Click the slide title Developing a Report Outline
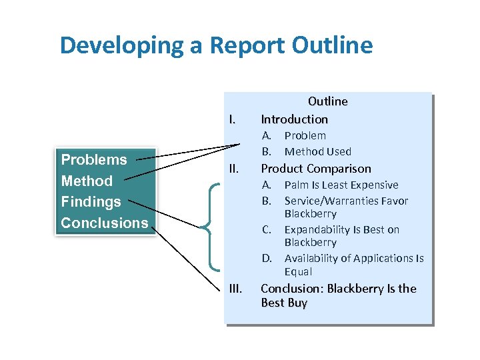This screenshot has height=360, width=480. [x=216, y=45]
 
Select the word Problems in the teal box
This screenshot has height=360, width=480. [x=94, y=159]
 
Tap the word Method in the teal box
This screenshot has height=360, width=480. [x=87, y=181]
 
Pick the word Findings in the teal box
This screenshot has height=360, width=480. [x=91, y=201]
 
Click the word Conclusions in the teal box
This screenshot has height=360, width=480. [x=104, y=223]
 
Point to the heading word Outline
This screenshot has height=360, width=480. [x=327, y=101]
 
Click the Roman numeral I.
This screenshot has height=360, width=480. [x=232, y=120]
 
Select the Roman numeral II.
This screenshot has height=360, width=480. [x=233, y=169]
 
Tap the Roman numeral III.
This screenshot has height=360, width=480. [x=235, y=289]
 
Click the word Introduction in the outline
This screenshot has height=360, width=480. [x=294, y=119]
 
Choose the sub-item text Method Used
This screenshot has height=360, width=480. [x=317, y=151]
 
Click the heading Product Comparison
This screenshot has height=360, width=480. [x=315, y=169]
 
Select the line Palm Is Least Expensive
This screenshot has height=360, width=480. [x=341, y=185]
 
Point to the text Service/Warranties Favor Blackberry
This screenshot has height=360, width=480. [x=345, y=207]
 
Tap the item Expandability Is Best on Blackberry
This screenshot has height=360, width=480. [x=341, y=235]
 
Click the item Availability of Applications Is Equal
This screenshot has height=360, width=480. [x=353, y=265]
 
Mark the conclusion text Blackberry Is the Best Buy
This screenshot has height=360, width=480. [x=338, y=295]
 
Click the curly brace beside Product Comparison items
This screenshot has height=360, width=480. [x=207, y=227]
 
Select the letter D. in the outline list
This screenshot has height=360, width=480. [x=267, y=258]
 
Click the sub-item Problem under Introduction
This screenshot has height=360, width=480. [x=305, y=135]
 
